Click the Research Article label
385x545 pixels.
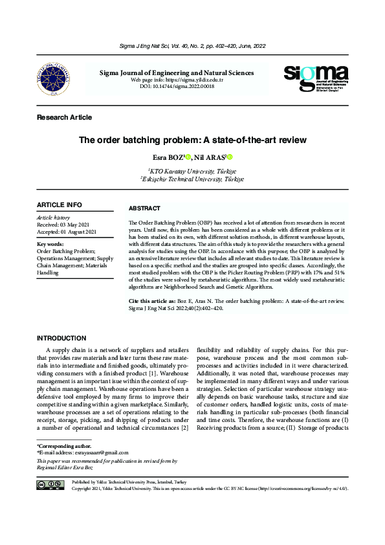65,117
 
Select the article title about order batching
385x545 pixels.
192,140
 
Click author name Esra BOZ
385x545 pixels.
166,157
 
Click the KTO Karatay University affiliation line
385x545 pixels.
192,170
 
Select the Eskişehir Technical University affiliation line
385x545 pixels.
192,178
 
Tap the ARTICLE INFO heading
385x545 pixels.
60,205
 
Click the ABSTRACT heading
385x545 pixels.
145,208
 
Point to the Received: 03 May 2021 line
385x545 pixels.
67,225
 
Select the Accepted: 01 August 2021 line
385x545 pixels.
67,232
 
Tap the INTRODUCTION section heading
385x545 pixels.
61,338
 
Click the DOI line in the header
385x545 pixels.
176,85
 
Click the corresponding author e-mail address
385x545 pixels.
89,452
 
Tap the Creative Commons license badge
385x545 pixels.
50,485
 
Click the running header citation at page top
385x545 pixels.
192,47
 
